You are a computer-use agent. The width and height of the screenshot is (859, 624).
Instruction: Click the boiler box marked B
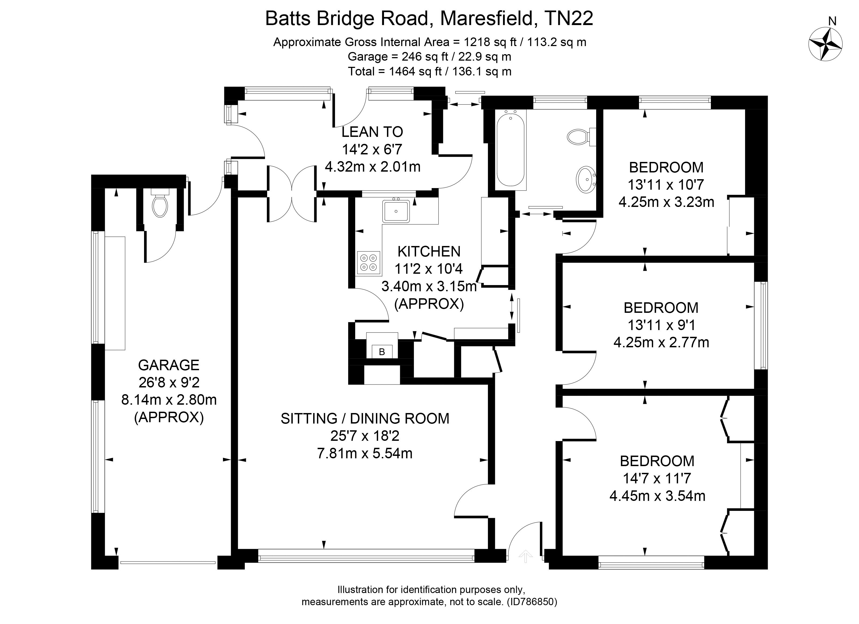pos(382,352)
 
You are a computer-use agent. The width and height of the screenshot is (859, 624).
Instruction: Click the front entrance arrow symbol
pos(525,556)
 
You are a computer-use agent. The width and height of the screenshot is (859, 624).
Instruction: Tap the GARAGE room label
pos(169,365)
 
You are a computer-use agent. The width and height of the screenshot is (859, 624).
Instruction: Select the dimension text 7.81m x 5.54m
pos(364,453)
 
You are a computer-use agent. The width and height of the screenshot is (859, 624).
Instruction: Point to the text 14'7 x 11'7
pos(657,478)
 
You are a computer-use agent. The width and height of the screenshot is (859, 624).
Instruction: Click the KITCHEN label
pos(429,252)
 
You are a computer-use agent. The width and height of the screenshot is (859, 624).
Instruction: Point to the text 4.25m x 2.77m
pos(661,342)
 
